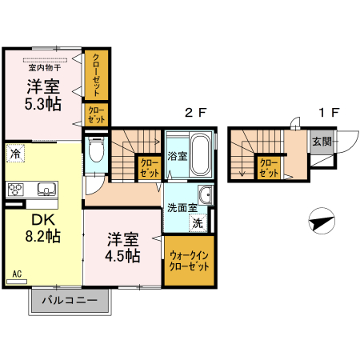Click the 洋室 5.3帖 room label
[42, 96]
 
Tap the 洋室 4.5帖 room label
[123, 247]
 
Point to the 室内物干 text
[45, 68]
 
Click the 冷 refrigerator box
[15, 150]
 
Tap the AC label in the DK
[16, 274]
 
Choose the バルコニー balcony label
[70, 301]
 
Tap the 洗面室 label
[180, 208]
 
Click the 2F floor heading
[195, 113]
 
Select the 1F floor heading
[328, 113]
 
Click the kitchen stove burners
[16, 190]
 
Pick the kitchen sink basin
[44, 190]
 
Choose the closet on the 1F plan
[268, 166]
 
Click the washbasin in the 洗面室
[205, 194]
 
